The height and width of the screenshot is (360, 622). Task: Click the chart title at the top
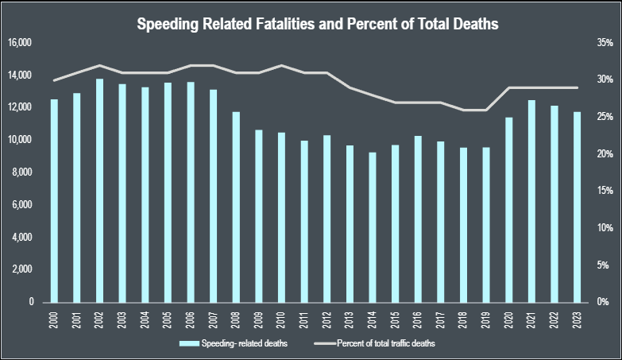[317, 24]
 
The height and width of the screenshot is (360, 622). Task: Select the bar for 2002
[99, 191]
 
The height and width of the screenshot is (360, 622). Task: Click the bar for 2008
[236, 207]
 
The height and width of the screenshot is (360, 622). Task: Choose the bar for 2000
[54, 200]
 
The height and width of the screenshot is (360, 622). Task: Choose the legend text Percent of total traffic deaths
[386, 343]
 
